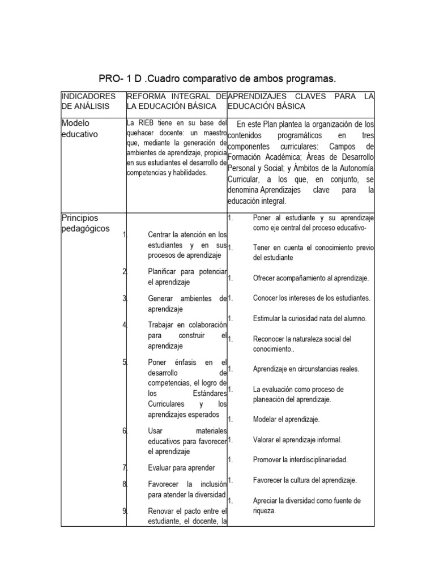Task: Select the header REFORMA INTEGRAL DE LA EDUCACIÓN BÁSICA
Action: click(x=176, y=101)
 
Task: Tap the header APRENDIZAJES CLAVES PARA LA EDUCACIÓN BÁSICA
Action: click(x=301, y=101)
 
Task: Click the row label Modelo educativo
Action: click(x=79, y=128)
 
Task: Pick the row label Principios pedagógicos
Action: click(x=86, y=223)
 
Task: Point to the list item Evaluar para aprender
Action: click(x=181, y=467)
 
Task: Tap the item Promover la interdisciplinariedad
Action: click(x=300, y=459)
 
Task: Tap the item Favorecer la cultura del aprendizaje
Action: click(x=305, y=480)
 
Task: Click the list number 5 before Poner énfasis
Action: click(x=124, y=362)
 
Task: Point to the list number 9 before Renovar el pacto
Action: click(x=124, y=511)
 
